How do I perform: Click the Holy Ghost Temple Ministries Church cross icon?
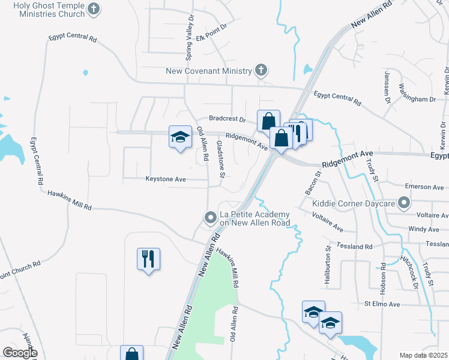pyautogui.click(x=93, y=8)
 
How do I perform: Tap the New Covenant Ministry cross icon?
pyautogui.click(x=261, y=71)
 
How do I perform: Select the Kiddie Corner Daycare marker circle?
pyautogui.click(x=405, y=203)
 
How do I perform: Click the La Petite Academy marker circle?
pyautogui.click(x=210, y=217)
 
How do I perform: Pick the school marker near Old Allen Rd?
pyautogui.click(x=179, y=138)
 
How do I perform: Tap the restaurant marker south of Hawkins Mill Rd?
pyautogui.click(x=148, y=260)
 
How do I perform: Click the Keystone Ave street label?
pyautogui.click(x=166, y=179)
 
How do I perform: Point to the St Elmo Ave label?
pyautogui.click(x=382, y=304)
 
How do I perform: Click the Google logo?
pyautogui.click(x=19, y=353)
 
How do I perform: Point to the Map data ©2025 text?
pyautogui.click(x=423, y=355)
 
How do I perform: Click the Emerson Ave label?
pyautogui.click(x=424, y=187)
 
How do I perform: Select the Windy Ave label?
pyautogui.click(x=423, y=229)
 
